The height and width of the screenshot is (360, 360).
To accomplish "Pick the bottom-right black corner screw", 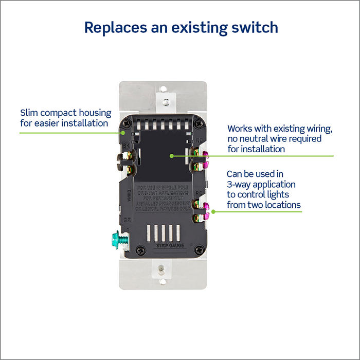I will [x=198, y=249].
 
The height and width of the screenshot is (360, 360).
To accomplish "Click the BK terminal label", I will [x=125, y=146].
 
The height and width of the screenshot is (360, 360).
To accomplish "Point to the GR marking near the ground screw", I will [x=126, y=220].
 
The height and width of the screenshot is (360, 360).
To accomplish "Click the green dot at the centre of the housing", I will [x=171, y=155].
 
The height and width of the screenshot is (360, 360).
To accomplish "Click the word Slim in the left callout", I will [x=29, y=113].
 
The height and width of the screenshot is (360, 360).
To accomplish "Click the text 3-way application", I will [x=261, y=184].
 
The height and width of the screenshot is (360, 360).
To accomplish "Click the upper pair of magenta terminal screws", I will [x=203, y=158].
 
